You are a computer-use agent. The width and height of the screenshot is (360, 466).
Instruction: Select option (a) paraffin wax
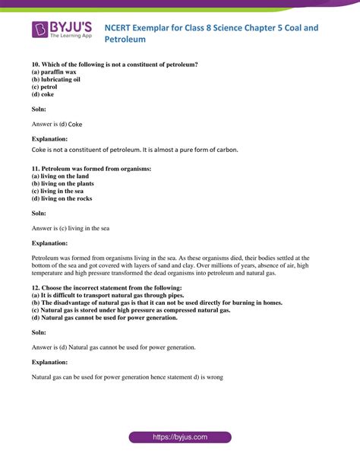53,71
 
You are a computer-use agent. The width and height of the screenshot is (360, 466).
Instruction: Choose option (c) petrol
47,87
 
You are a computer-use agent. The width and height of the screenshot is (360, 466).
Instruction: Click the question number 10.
36,64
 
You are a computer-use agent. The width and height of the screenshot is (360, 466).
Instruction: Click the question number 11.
36,167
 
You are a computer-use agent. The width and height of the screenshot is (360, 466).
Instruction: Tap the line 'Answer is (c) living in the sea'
71,227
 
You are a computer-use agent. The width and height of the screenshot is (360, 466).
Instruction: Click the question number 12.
36,288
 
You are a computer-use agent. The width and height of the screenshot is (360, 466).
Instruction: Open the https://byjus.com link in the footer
179,437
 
